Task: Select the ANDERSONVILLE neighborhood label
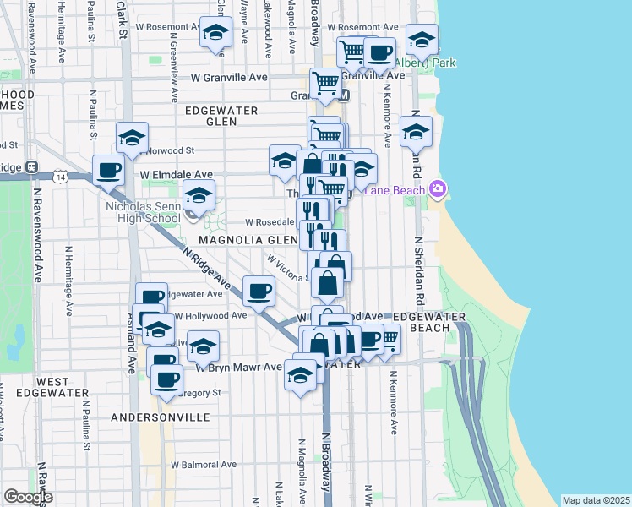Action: click(160, 417)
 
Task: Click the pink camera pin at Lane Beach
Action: click(437, 188)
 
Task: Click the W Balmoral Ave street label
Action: click(204, 464)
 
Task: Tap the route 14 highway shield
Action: click(59, 177)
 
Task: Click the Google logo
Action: click(28, 497)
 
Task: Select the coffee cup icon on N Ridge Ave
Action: click(259, 290)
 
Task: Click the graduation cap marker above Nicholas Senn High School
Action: click(199, 196)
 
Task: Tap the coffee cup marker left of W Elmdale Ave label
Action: click(108, 169)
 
